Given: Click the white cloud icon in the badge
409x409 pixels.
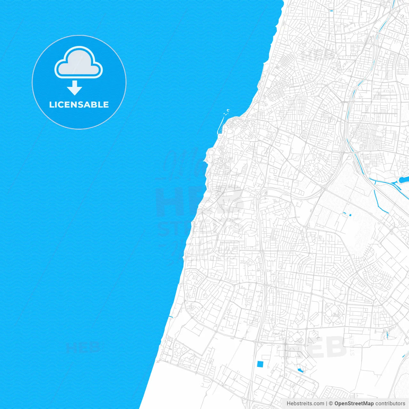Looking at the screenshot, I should point(79,64).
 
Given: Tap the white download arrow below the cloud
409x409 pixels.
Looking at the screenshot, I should point(75,88).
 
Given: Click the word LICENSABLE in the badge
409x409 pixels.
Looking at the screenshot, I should point(79,104).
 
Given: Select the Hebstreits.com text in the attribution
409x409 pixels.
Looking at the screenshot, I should point(305,404).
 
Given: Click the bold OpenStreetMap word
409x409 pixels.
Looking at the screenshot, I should point(354,404).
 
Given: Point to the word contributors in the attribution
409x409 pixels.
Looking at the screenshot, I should point(390,404).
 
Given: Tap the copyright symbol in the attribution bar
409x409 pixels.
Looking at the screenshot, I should point(331,404).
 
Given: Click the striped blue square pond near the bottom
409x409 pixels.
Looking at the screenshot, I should point(261,364).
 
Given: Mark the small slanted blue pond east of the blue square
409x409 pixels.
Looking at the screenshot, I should point(300,370).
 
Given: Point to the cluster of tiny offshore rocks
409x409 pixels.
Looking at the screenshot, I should point(227,111).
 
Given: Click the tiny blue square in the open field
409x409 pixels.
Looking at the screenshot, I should point(350,215).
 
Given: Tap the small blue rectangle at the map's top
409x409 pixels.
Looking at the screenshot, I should point(331,11).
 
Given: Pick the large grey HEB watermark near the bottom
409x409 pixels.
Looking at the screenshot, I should point(316,347).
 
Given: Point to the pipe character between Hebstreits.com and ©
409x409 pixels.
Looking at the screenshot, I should point(326,404).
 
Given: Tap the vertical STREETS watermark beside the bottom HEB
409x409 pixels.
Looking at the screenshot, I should point(352,345).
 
